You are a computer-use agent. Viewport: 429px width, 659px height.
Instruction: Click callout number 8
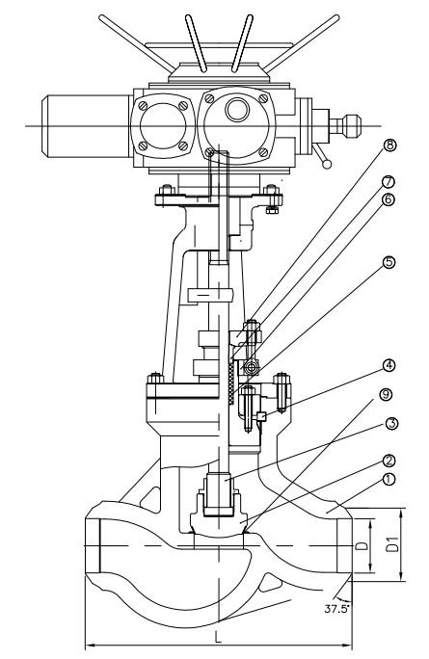(389, 145)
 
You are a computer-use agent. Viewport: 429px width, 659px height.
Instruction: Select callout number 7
(388, 182)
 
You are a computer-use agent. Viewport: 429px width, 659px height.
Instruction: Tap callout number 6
(388, 198)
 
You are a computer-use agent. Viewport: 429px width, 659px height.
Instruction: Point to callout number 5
(389, 262)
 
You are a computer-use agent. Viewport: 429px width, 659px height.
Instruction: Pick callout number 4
(389, 366)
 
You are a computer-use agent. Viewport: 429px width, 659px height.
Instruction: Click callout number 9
(386, 394)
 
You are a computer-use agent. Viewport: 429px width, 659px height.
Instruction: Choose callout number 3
(391, 423)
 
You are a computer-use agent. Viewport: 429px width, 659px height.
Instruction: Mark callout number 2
(389, 461)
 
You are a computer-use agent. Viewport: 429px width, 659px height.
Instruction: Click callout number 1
(389, 479)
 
